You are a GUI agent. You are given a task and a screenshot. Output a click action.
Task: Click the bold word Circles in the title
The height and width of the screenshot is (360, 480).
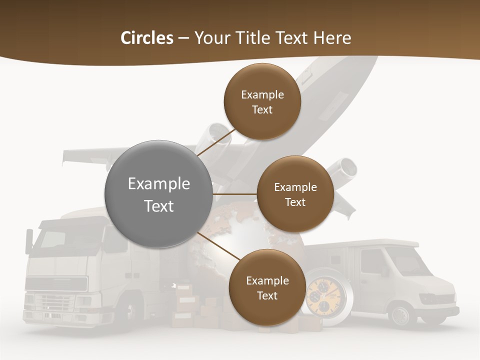tap(147, 38)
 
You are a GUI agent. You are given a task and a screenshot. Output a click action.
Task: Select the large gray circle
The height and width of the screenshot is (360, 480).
tap(158, 194)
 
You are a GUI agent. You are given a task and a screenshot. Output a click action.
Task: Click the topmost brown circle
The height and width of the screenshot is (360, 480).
tap(262, 101)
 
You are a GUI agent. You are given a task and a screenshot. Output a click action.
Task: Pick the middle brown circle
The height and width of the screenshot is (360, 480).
tap(295, 194)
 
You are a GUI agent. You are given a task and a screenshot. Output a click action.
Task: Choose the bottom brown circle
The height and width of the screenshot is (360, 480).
tap(267, 287)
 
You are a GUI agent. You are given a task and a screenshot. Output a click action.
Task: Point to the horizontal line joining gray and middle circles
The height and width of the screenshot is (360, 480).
tap(234, 194)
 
